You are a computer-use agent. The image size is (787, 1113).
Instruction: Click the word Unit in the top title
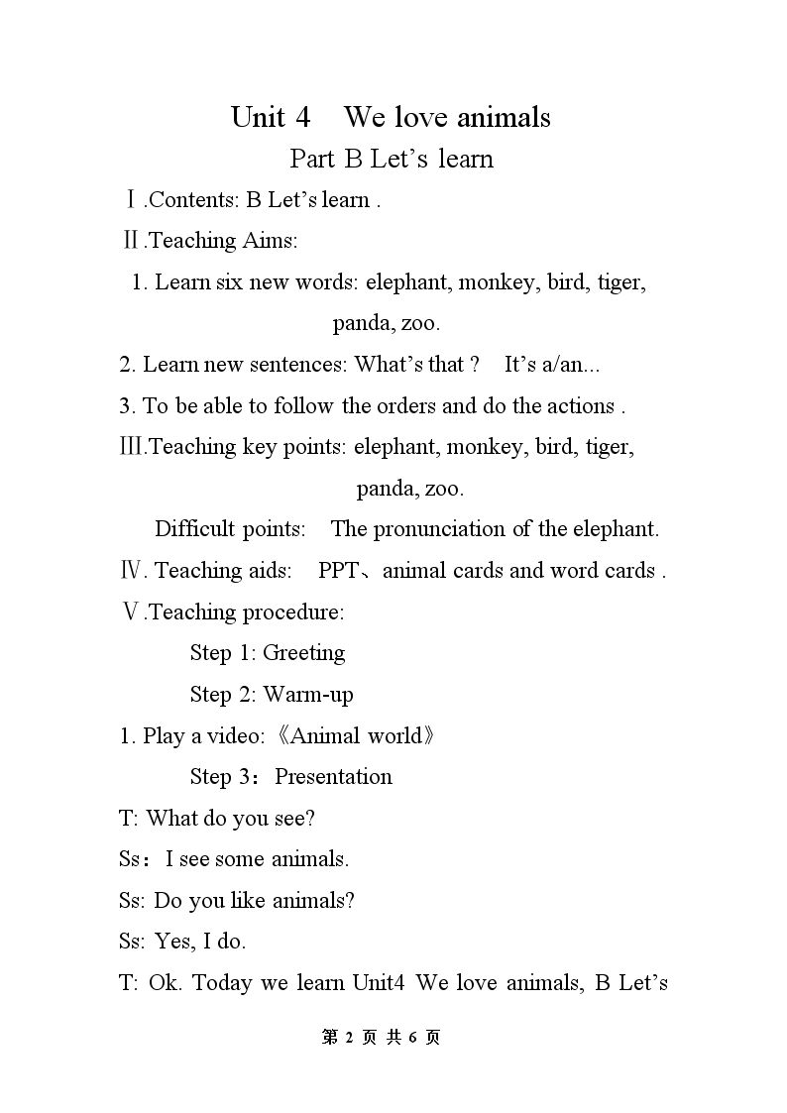click(x=257, y=117)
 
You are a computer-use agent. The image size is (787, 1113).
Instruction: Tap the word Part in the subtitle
click(x=313, y=159)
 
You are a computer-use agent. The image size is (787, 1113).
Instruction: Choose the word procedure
click(x=295, y=612)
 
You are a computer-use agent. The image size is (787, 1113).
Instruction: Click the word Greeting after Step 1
click(x=303, y=653)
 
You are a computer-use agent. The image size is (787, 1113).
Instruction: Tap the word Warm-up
click(x=307, y=694)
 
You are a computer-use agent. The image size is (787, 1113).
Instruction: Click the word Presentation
click(x=333, y=776)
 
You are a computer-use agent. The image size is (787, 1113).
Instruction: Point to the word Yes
click(x=172, y=941)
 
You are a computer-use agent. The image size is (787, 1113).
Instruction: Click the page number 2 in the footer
click(x=350, y=1037)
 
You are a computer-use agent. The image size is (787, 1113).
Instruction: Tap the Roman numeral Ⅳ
click(x=132, y=571)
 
